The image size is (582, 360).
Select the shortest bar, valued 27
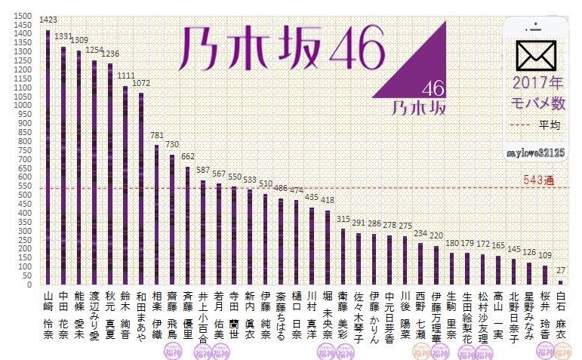[559, 282]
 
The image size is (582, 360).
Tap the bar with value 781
[156, 214]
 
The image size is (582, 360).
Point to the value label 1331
[64, 35]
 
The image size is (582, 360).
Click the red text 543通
[539, 181]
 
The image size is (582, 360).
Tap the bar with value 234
[420, 263]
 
